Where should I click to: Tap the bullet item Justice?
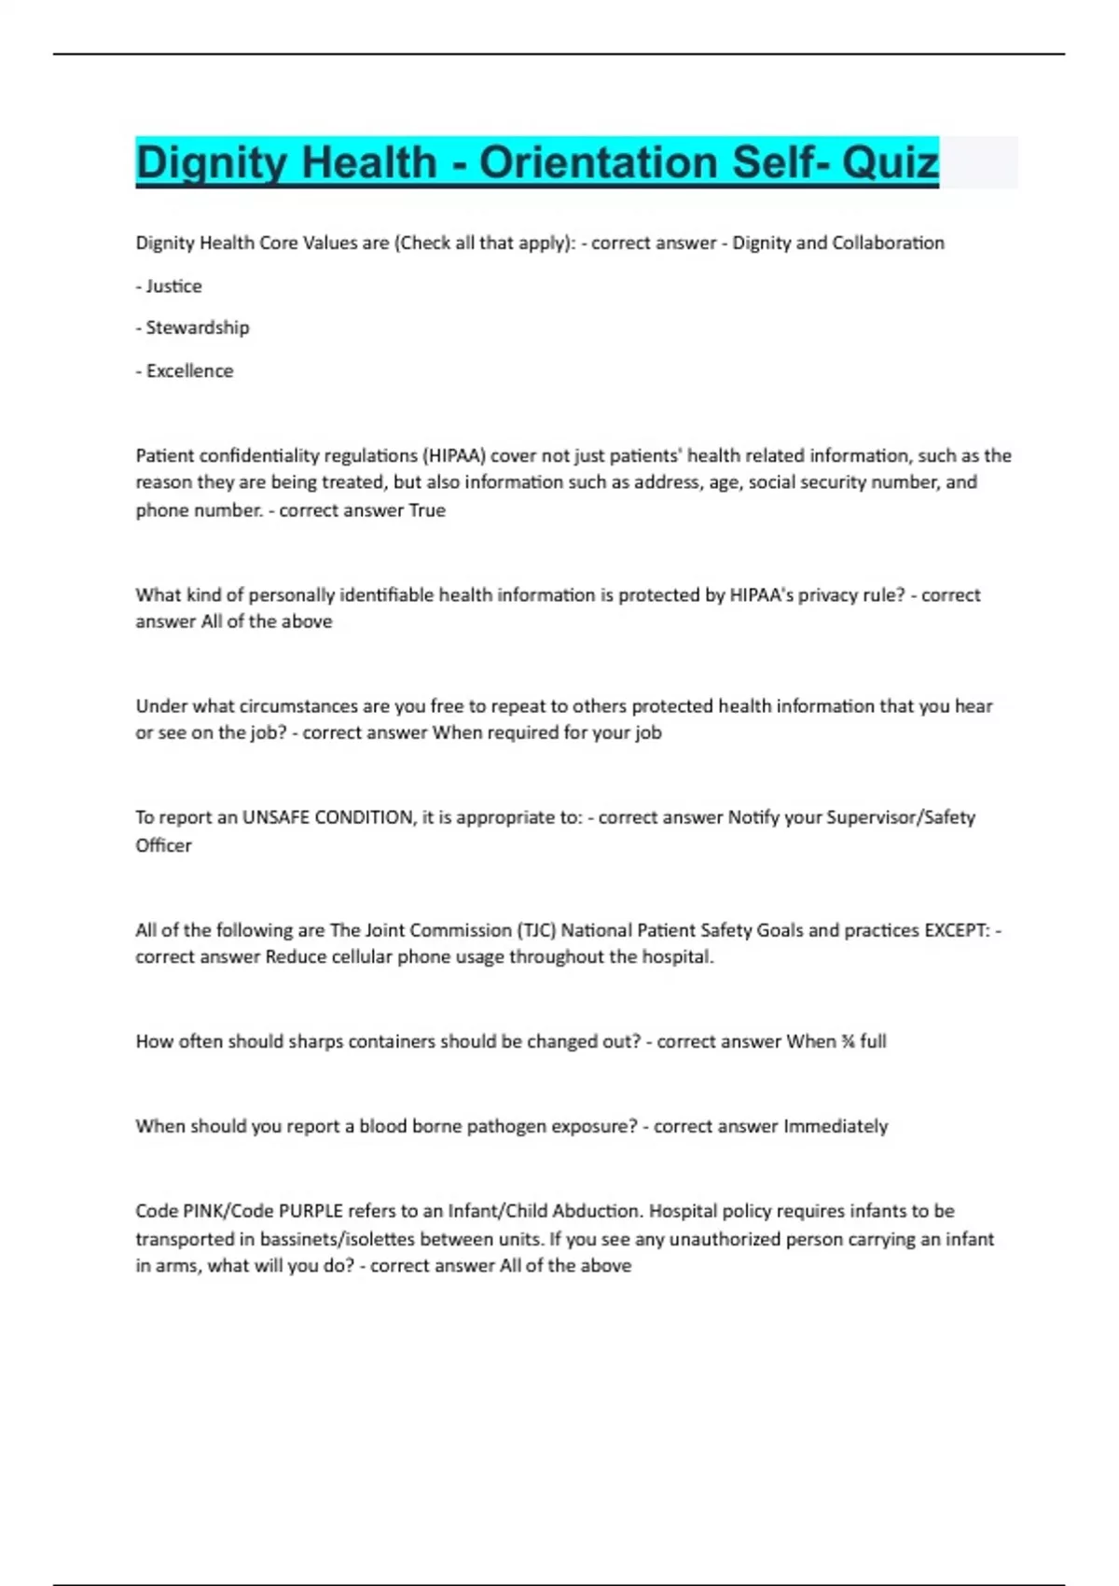point(173,285)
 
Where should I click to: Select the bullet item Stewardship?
point(197,327)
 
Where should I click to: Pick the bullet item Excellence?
point(189,370)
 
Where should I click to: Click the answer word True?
point(427,510)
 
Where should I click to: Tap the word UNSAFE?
point(276,817)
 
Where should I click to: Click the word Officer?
point(163,845)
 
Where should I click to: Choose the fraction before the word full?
point(848,1041)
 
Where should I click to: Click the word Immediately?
point(836,1126)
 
